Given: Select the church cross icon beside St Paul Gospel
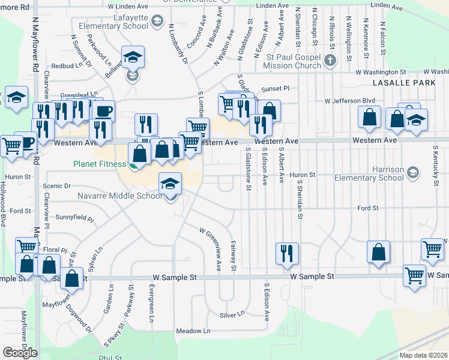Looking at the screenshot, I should click(330, 60).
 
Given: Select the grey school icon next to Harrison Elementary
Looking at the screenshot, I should click(412, 173).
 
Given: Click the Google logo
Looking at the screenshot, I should click(20, 353).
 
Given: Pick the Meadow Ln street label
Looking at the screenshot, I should click(193, 331).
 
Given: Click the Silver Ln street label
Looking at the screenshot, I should click(232, 314).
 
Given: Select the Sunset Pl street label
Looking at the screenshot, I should click(278, 88).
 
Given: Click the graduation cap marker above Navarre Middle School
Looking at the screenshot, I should click(170, 184).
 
